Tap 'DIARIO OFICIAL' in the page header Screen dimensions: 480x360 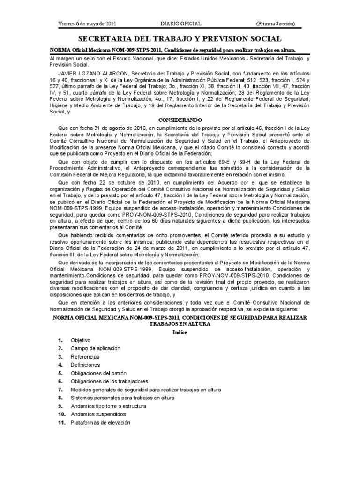click(x=181, y=24)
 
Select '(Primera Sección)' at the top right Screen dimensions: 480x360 click(x=276, y=24)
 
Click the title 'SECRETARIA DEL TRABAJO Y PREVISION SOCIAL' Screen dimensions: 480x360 click(x=180, y=38)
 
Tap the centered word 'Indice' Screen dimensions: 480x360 click(x=180, y=331)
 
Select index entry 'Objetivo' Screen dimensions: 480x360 click(x=81, y=340)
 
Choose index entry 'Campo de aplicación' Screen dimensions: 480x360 click(x=96, y=348)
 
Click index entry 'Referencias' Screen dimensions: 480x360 click(x=85, y=357)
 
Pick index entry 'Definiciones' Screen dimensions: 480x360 click(x=85, y=365)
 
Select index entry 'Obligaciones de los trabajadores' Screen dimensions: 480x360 click(x=109, y=381)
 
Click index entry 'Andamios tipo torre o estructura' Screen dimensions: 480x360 click(x=108, y=406)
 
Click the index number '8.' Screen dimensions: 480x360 click(x=60, y=398)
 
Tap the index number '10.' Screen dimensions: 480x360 click(x=61, y=414)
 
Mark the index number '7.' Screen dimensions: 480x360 click(x=60, y=390)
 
